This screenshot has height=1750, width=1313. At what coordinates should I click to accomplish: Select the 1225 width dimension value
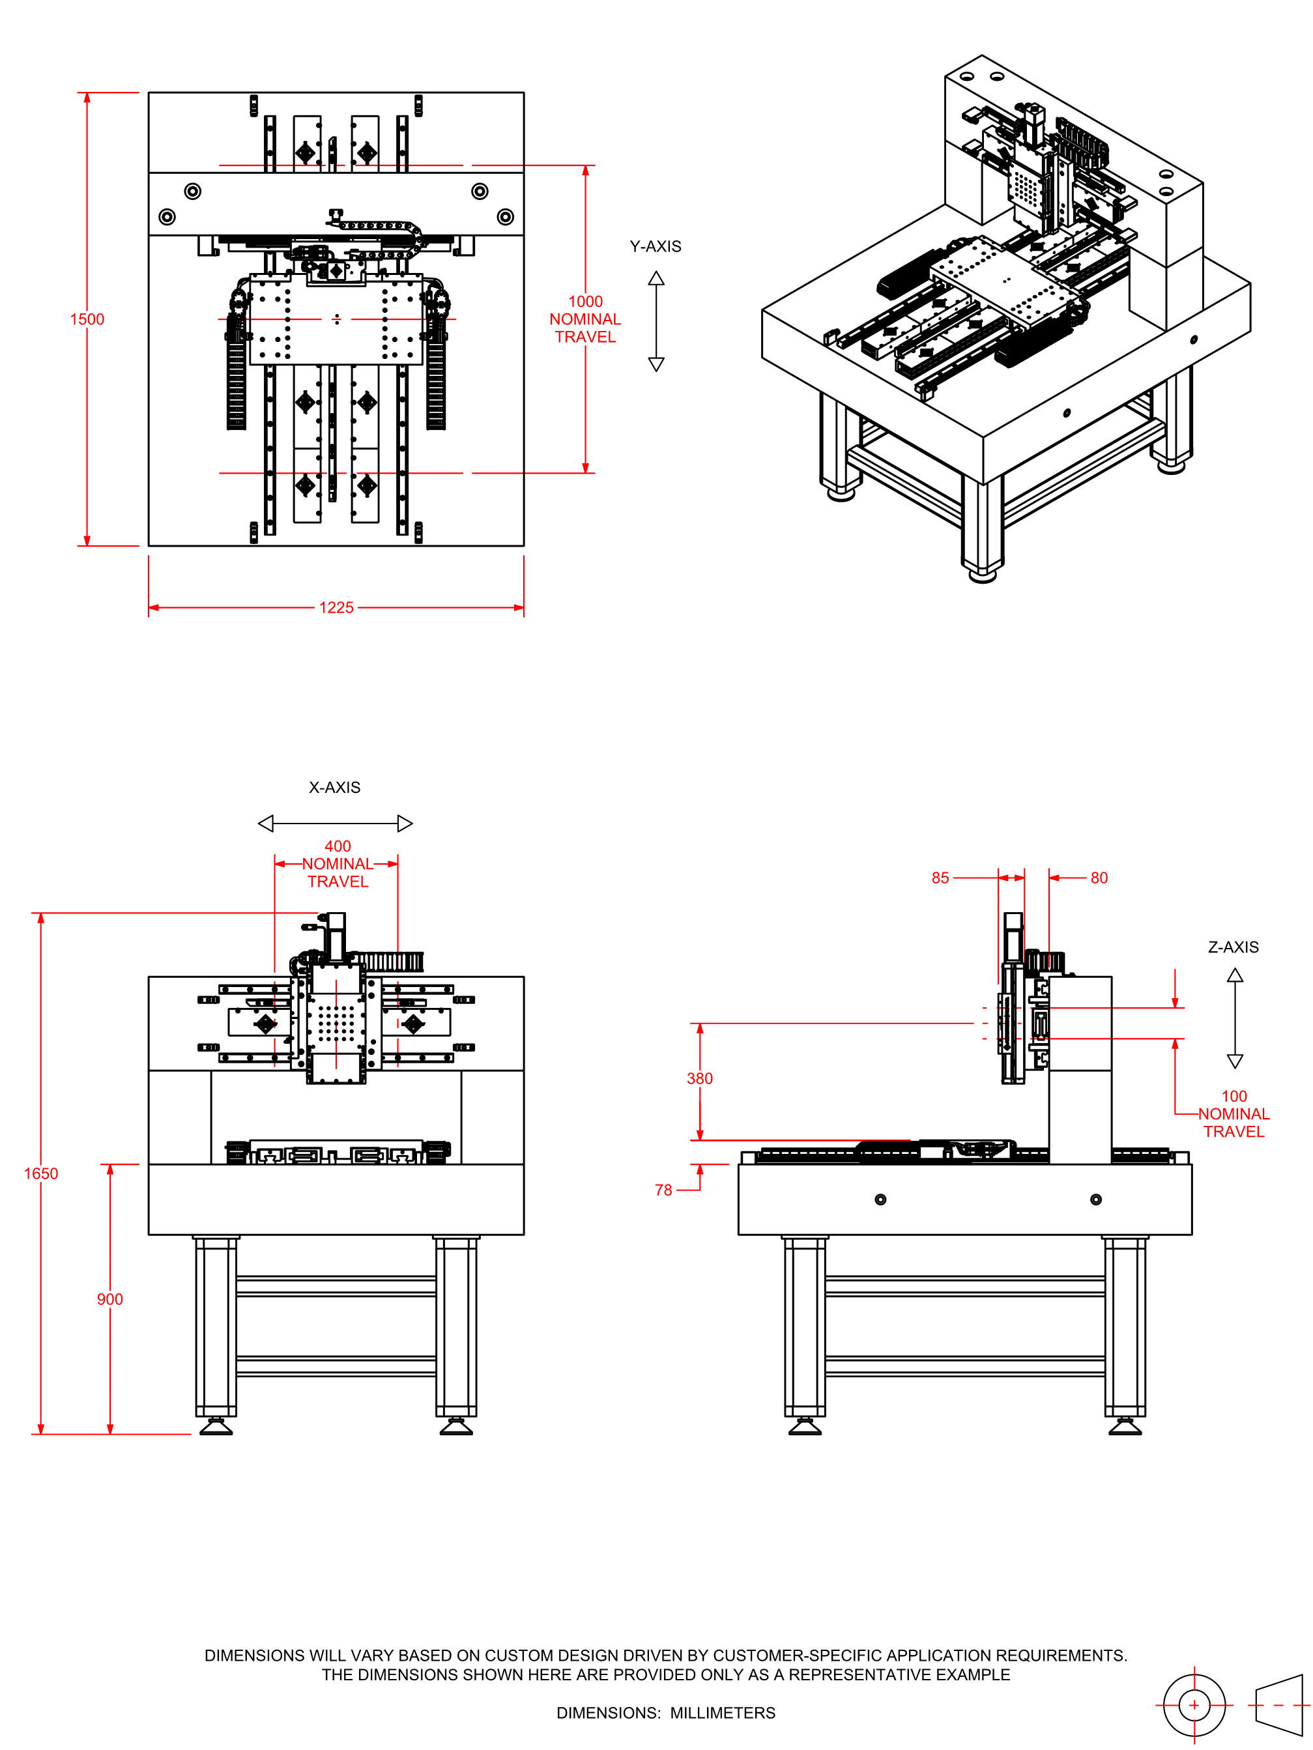(x=336, y=608)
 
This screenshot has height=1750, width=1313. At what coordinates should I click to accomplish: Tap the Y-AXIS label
(x=656, y=247)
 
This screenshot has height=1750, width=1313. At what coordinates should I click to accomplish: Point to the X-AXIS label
(x=334, y=787)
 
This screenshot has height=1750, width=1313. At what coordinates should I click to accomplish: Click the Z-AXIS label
(x=1233, y=947)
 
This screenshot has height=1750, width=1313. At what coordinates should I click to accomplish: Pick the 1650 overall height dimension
(x=40, y=1173)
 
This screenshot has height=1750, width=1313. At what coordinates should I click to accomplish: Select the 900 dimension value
(x=109, y=1299)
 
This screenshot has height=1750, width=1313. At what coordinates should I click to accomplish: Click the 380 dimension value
(x=700, y=1078)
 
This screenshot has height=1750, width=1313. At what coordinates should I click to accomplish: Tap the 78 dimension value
(x=663, y=1190)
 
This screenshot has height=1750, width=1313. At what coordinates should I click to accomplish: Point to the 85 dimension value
(x=940, y=878)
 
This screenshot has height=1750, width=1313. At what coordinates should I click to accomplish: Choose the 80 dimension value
(x=1099, y=878)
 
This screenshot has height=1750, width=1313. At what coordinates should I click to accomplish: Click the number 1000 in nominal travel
(x=585, y=302)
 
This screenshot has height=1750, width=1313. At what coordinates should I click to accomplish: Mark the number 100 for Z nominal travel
(x=1234, y=1096)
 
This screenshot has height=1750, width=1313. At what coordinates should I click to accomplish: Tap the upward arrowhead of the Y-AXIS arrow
(x=656, y=278)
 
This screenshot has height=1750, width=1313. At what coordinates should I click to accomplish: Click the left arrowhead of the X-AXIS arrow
(x=266, y=824)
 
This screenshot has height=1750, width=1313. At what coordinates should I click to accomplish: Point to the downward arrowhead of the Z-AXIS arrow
(x=1235, y=1062)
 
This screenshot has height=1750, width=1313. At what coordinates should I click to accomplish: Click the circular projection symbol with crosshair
(x=1194, y=1705)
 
